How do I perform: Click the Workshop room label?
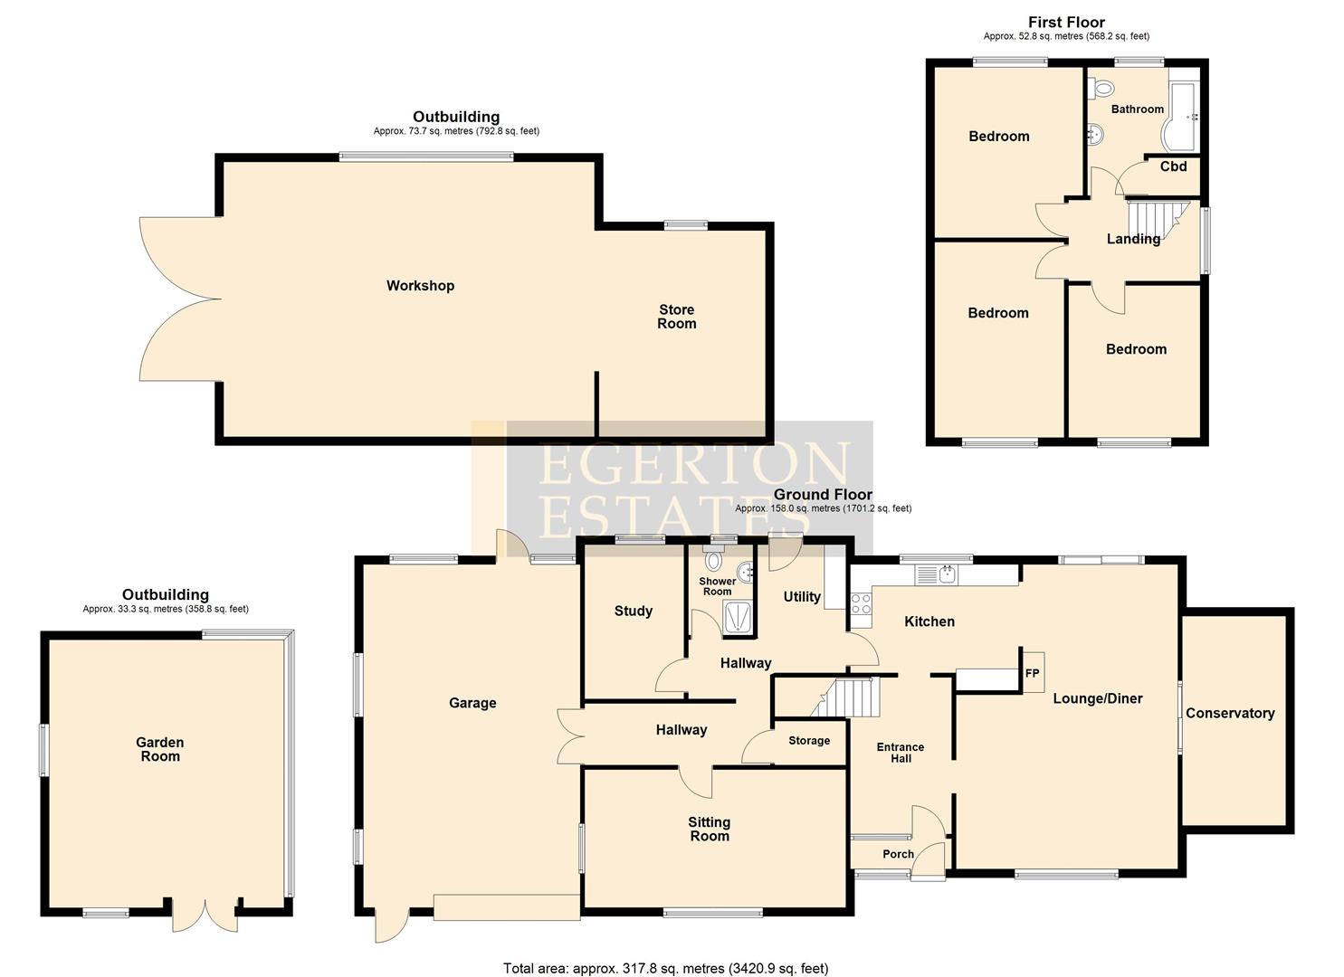420,286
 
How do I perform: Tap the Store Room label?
676,317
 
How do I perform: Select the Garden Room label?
160,749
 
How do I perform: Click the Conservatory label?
1230,713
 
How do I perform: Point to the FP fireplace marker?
1033,673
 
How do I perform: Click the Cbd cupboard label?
1173,166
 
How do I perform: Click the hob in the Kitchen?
860,604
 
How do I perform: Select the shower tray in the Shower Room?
738,617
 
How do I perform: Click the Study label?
634,612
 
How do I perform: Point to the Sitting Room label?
710,829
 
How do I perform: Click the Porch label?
898,854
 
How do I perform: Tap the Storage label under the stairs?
809,741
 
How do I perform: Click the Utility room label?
802,597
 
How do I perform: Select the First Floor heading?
1066,22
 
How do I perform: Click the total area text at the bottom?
665,969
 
